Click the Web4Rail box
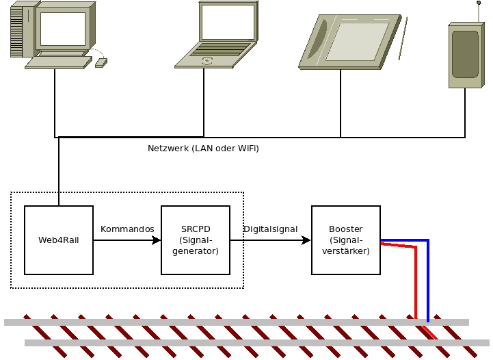pyautogui.click(x=58, y=240)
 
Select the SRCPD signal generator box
pyautogui.click(x=195, y=240)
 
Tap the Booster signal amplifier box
pyautogui.click(x=345, y=240)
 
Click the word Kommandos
pyautogui.click(x=127, y=229)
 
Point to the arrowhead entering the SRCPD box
pyautogui.click(x=157, y=240)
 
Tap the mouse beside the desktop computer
pyautogui.click(x=101, y=63)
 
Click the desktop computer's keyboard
pyautogui.click(x=58, y=62)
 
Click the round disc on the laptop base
pyautogui.click(x=206, y=60)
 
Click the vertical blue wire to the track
pyautogui.click(x=428, y=281)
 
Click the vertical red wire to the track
pyautogui.click(x=416, y=284)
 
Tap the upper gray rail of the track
pyautogui.click(x=205, y=322)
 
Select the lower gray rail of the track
pyautogui.click(x=205, y=342)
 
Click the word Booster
pyautogui.click(x=345, y=229)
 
